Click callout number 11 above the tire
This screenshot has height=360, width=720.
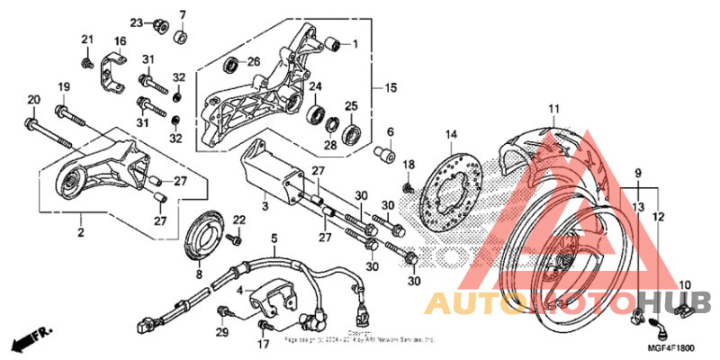point(553,110)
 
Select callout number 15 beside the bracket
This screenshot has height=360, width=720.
point(390,88)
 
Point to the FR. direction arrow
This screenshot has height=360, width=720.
point(28,341)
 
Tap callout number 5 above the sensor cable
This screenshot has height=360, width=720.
point(274,238)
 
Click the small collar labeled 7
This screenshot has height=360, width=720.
point(180,38)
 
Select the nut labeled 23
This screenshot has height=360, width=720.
point(158,24)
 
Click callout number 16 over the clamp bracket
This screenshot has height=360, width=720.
point(120,41)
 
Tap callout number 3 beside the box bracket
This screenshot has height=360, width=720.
point(265,207)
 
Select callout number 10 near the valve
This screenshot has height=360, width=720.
point(684,286)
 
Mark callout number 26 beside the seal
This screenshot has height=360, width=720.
point(253,61)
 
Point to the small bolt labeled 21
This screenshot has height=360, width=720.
point(88,63)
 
